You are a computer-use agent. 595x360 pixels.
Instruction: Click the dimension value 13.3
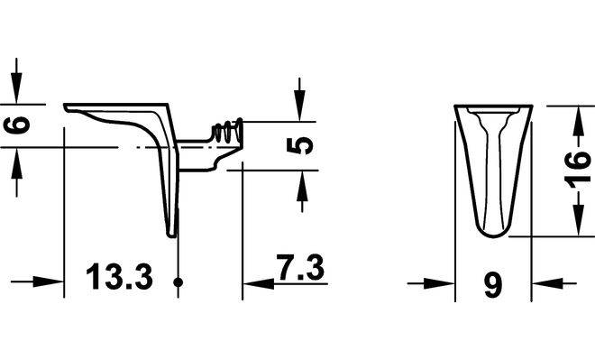119,276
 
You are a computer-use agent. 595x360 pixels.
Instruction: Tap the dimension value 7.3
300,267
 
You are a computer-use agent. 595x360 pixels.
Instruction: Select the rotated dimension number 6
17,125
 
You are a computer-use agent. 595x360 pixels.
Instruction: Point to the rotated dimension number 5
300,146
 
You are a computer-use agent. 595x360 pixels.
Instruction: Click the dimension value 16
577,170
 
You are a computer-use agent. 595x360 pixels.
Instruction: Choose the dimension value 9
493,286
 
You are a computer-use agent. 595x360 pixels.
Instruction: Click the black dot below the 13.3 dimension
178,282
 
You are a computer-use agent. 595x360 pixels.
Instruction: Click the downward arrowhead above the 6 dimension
16,88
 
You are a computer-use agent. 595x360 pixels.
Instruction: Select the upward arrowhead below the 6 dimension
16,162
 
